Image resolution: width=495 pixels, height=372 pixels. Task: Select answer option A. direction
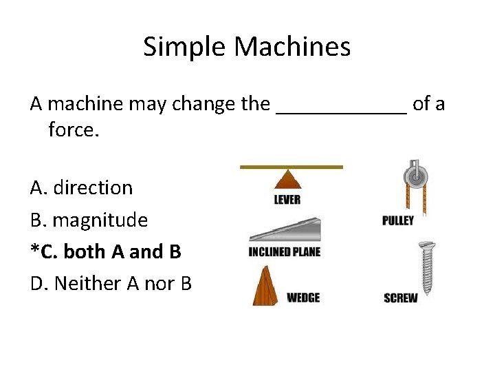[x=81, y=187]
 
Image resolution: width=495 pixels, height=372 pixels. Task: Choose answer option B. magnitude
[x=89, y=220]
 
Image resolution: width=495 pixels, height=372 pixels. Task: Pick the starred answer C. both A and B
[x=106, y=251]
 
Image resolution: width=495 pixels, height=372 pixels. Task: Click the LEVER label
[x=287, y=200]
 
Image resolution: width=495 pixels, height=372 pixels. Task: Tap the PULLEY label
[x=398, y=220]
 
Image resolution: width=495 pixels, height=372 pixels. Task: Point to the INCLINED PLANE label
[x=285, y=252]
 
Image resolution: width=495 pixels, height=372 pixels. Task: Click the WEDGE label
[x=303, y=298]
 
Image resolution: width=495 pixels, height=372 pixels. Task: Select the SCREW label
[x=401, y=298]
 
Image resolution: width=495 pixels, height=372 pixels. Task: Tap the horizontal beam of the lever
[x=291, y=167]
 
